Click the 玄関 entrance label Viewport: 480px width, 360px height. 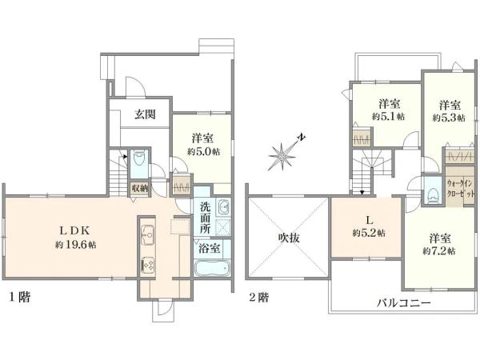(146, 115)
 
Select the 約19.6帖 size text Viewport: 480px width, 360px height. (76, 244)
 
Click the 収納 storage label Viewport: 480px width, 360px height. (140, 188)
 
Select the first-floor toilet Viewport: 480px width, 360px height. (138, 164)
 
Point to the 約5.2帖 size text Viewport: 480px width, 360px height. (367, 234)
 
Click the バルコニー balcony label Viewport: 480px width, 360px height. (405, 303)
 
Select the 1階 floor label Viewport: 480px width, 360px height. (20, 297)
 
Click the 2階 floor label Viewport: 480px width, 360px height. (258, 297)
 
